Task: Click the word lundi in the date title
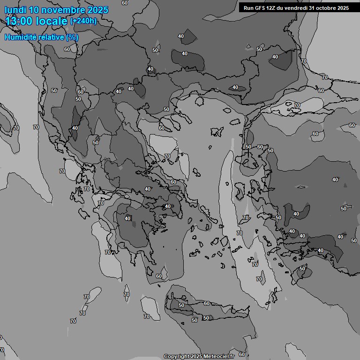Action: pyautogui.click(x=15, y=9)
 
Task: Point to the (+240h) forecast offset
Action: pyautogui.click(x=83, y=21)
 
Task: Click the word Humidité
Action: pyautogui.click(x=21, y=37)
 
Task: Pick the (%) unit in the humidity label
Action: pyautogui.click(x=72, y=37)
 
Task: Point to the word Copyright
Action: pyautogui.click(x=176, y=357)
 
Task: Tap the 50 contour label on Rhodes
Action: pyautogui.click(x=302, y=269)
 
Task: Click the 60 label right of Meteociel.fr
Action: pyautogui.click(x=242, y=354)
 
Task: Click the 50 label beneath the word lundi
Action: pyautogui.click(x=9, y=15)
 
